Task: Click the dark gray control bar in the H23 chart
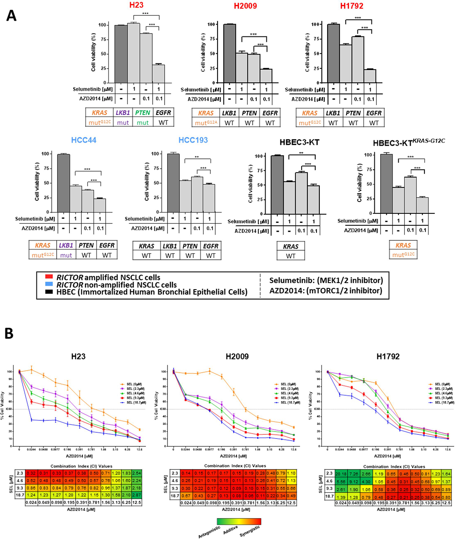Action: click(121, 54)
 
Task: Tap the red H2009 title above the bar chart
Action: click(245, 6)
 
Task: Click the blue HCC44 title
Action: click(84, 140)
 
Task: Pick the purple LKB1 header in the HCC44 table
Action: click(66, 245)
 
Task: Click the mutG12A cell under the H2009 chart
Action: click(206, 123)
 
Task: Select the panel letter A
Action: click(11, 15)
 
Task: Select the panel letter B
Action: click(9, 333)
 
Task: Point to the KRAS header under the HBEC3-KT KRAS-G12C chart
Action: click(403, 245)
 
